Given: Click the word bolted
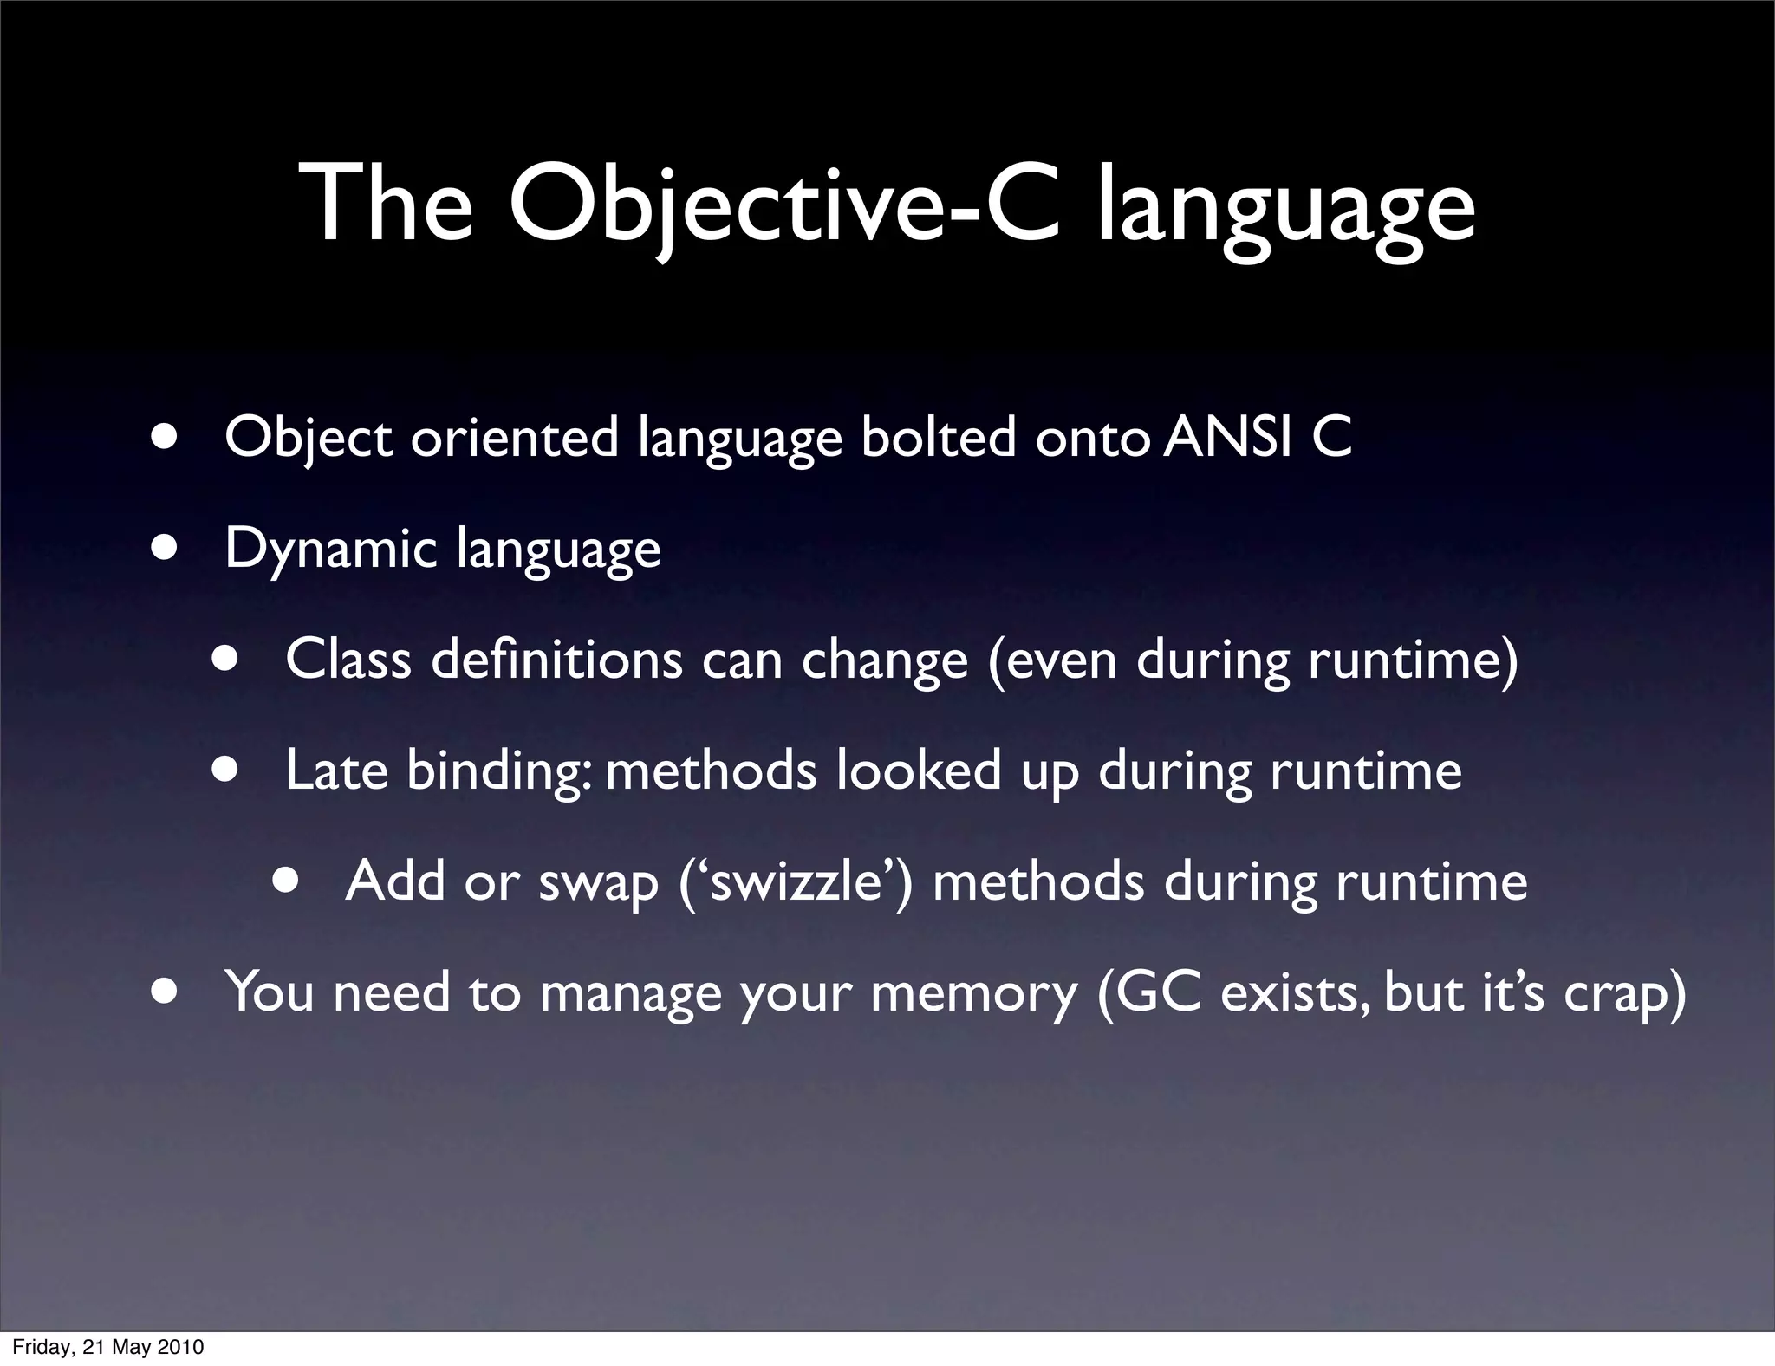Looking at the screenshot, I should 938,438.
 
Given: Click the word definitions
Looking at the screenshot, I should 556,660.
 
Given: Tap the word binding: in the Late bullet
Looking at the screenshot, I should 499,771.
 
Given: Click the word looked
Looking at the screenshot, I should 919,771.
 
